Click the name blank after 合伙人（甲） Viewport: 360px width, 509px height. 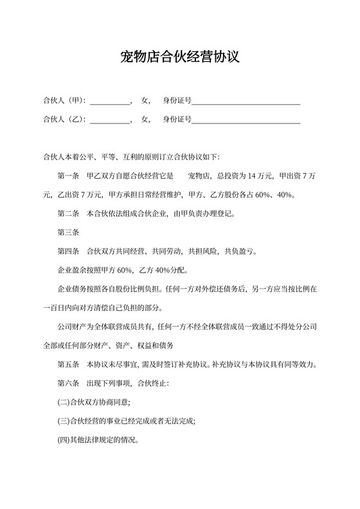110,101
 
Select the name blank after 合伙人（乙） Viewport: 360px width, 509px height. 110,120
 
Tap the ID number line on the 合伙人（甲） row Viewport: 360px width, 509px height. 246,101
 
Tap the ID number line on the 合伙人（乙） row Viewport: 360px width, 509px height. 246,120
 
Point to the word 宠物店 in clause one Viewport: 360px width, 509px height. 199,176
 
